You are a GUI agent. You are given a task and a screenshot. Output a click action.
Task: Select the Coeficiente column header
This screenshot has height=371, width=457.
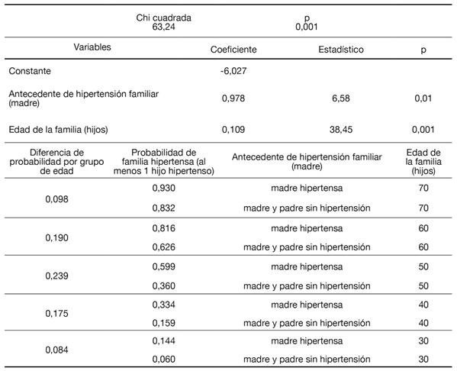click(233, 50)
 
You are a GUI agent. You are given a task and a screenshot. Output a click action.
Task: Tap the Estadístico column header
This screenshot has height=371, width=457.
click(340, 50)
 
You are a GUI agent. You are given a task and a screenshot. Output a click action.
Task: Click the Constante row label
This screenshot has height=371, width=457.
click(31, 71)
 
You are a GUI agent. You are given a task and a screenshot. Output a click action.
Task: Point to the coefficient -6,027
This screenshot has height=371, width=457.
click(233, 71)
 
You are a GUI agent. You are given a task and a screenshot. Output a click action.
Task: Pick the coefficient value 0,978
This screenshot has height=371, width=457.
click(233, 98)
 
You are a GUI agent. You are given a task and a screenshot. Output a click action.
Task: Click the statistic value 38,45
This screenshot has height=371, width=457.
click(340, 129)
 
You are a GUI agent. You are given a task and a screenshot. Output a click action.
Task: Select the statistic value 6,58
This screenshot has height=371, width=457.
click(340, 98)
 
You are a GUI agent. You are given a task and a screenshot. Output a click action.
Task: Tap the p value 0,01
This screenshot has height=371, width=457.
click(424, 98)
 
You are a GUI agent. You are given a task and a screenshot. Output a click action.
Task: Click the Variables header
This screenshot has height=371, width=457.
click(92, 47)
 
